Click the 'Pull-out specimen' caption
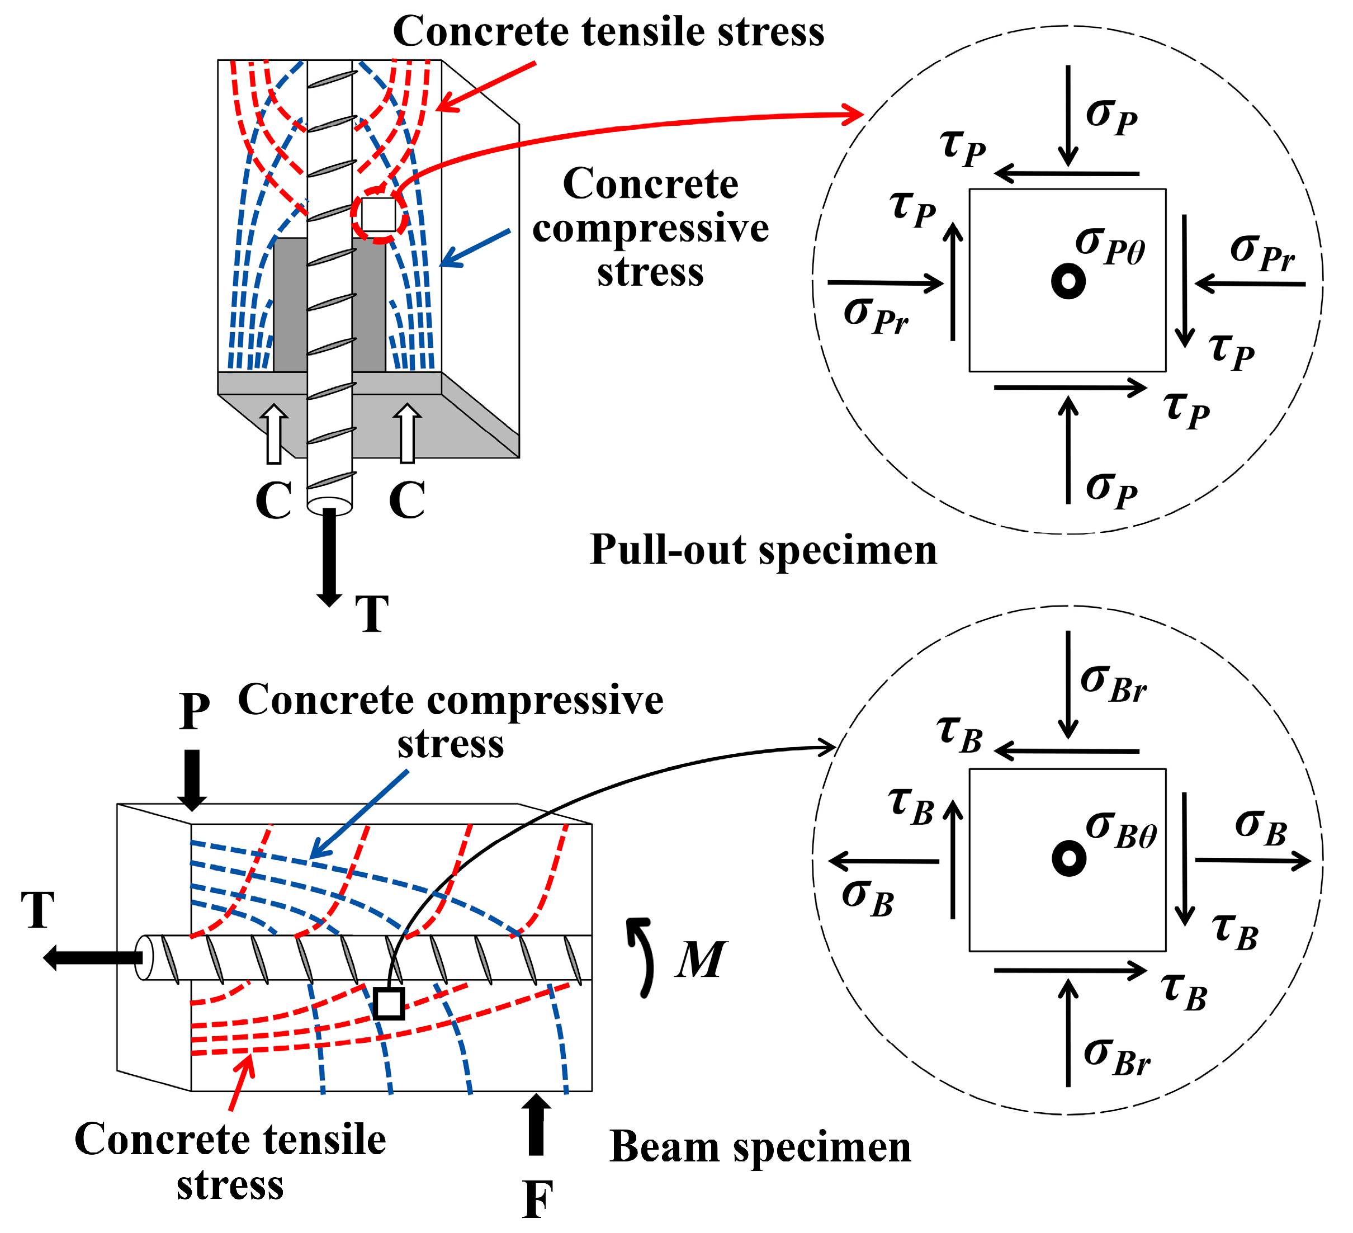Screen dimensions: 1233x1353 coord(763,550)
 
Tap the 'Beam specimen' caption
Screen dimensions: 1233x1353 coord(760,1147)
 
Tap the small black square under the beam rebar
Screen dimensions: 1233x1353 coord(389,1003)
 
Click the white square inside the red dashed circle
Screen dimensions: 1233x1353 coord(378,215)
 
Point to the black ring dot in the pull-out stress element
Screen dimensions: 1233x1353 coord(1068,281)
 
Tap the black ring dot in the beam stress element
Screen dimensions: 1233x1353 coord(1068,858)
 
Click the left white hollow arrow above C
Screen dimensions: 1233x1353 coord(274,433)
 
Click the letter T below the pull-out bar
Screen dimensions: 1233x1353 coord(372,613)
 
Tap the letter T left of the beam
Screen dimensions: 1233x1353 coord(37,910)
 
